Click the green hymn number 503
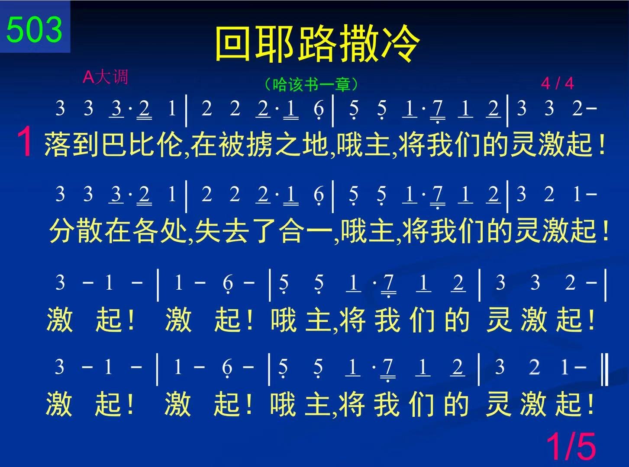point(34,29)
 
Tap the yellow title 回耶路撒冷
point(318,44)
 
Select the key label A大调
point(106,77)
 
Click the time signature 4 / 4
point(557,83)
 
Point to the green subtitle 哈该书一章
point(311,84)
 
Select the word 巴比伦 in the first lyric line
point(141,144)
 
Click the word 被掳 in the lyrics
point(233,144)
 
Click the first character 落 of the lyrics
point(58,144)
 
